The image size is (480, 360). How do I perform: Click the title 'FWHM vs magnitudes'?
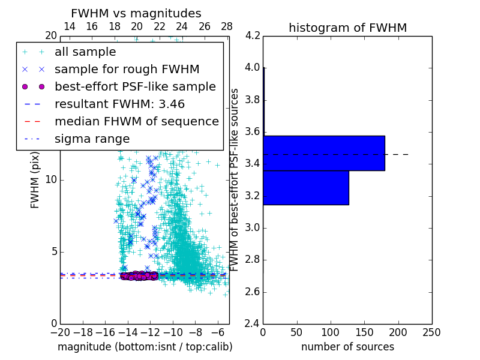point(136,13)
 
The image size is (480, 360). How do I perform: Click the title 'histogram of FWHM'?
point(347,28)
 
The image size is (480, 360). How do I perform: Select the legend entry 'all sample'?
point(85,52)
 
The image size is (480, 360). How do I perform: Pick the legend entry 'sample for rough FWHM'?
point(127,70)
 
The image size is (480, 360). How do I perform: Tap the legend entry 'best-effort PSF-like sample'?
point(135,86)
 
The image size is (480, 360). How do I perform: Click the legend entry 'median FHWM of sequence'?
point(136,121)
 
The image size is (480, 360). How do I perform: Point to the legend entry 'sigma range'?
point(92,139)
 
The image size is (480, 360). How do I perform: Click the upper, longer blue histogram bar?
point(323,153)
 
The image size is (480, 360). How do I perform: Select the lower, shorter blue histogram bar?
point(305,188)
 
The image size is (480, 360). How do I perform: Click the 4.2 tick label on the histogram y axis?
point(253,36)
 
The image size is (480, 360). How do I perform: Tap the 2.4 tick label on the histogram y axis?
point(253,324)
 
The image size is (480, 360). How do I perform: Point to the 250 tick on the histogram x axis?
point(431,332)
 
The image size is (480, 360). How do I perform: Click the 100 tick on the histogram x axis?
point(331,332)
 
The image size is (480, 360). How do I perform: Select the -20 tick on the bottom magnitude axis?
point(60,332)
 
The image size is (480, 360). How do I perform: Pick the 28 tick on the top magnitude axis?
point(227,26)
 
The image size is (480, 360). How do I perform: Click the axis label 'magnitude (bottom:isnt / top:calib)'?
point(145,347)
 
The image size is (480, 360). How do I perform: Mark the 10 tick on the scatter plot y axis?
point(52,180)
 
